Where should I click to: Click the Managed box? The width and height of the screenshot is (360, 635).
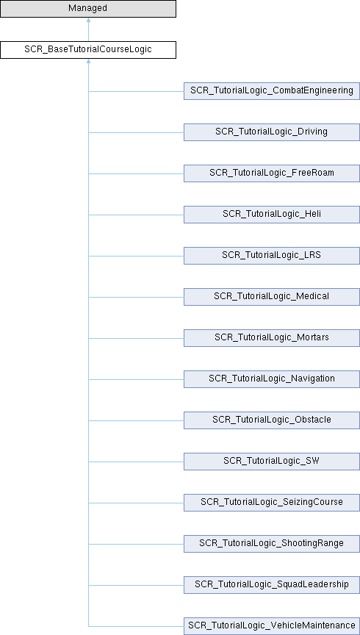[88, 9]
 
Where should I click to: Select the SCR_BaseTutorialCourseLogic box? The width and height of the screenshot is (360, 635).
[88, 50]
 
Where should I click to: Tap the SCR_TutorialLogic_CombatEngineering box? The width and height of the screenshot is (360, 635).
[272, 91]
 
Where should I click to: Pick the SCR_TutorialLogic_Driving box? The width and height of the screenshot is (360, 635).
[272, 132]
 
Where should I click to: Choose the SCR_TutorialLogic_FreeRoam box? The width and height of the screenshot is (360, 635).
[272, 173]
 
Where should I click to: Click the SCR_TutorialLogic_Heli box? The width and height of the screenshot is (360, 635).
[272, 214]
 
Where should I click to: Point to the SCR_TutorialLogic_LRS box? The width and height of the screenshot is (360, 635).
[272, 256]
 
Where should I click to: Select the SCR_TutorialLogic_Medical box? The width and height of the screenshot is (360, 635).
[272, 297]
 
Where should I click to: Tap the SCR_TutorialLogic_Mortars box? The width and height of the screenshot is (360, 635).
[272, 338]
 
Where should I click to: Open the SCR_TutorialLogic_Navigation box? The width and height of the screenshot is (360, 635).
[272, 379]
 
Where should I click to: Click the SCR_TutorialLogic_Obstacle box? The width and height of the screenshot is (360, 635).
[272, 420]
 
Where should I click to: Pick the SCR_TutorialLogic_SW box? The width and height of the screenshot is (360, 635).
[272, 462]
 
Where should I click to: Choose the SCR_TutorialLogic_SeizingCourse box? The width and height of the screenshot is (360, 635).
[272, 503]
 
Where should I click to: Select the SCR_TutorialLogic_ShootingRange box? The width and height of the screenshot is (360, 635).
[272, 543]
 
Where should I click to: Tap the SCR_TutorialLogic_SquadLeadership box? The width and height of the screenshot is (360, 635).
[272, 585]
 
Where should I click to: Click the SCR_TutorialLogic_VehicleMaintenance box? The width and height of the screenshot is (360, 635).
[272, 626]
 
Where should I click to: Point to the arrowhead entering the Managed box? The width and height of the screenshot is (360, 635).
[88, 20]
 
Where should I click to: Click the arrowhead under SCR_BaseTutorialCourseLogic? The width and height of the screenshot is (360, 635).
[88, 61]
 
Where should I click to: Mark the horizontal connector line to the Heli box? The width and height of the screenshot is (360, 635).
[136, 215]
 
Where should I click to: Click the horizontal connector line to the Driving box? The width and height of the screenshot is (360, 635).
[136, 132]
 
